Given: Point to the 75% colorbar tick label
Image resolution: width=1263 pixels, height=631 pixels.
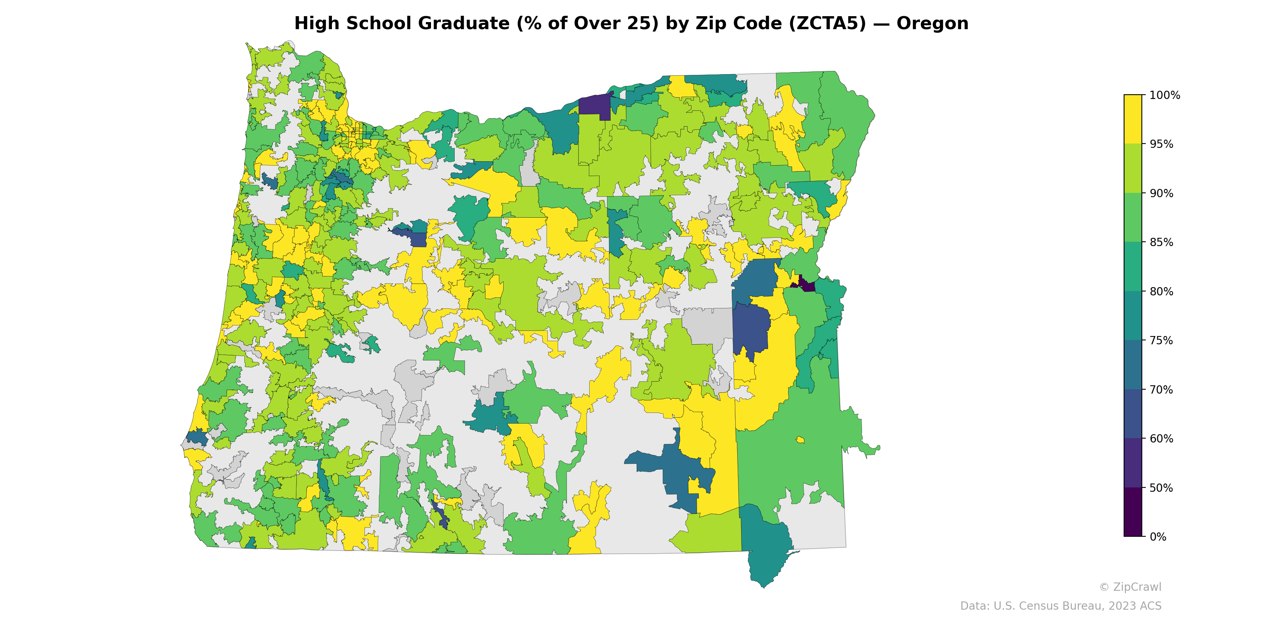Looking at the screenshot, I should pyautogui.click(x=1161, y=340).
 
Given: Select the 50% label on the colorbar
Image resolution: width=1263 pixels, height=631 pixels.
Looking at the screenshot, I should pyautogui.click(x=1161, y=488).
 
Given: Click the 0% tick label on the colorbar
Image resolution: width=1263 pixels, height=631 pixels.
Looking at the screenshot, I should pyautogui.click(x=1158, y=537).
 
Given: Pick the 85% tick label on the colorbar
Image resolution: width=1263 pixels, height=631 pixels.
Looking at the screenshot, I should pyautogui.click(x=1161, y=243).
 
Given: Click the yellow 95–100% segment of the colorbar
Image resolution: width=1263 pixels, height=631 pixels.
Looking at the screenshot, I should pyautogui.click(x=1133, y=119).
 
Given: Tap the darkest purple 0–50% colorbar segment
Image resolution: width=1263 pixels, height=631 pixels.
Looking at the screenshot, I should pyautogui.click(x=1133, y=512).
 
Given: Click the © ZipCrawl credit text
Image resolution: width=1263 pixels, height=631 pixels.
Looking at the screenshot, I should pyautogui.click(x=1130, y=587).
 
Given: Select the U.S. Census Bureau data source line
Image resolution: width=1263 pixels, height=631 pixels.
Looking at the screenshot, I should pyautogui.click(x=1060, y=606).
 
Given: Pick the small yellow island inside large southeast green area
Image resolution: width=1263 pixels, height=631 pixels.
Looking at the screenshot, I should pyautogui.click(x=800, y=439).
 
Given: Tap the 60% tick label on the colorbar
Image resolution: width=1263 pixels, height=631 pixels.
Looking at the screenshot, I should pyautogui.click(x=1161, y=439).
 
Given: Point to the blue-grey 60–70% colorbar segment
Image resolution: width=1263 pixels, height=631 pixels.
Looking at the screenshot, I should pyautogui.click(x=1133, y=414).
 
